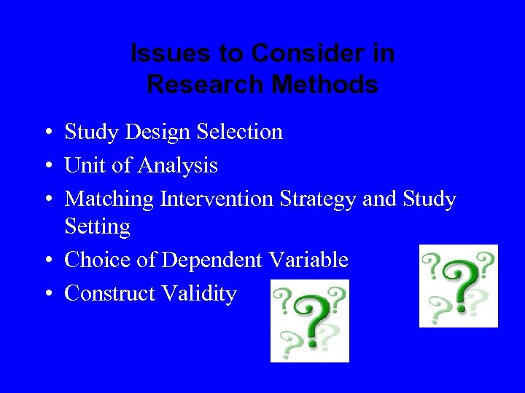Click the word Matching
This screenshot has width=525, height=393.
pyautogui.click(x=109, y=199)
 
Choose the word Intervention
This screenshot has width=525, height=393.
pyautogui.click(x=217, y=199)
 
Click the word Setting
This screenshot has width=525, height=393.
pyautogui.click(x=97, y=227)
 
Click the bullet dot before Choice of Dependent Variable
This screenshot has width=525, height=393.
pyautogui.click(x=46, y=261)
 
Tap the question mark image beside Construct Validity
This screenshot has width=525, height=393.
pyautogui.click(x=310, y=321)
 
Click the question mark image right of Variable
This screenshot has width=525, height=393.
pyautogui.click(x=458, y=286)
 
